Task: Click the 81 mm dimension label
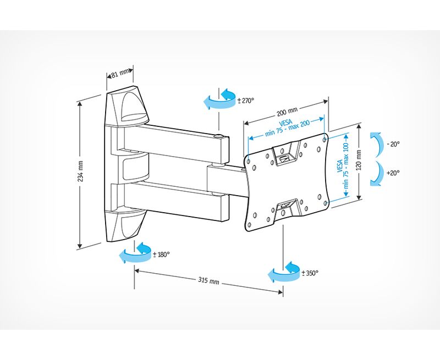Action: click(120, 73)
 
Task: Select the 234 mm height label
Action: click(81, 171)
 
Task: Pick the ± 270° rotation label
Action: click(245, 101)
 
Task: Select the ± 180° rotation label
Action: click(161, 254)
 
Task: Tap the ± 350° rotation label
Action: click(310, 273)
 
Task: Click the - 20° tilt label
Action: click(393, 143)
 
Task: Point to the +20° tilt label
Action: click(393, 173)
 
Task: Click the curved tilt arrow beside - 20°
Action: click(376, 144)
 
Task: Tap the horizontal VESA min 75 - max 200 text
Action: click(287, 128)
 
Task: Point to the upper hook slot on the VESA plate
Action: click(287, 154)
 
